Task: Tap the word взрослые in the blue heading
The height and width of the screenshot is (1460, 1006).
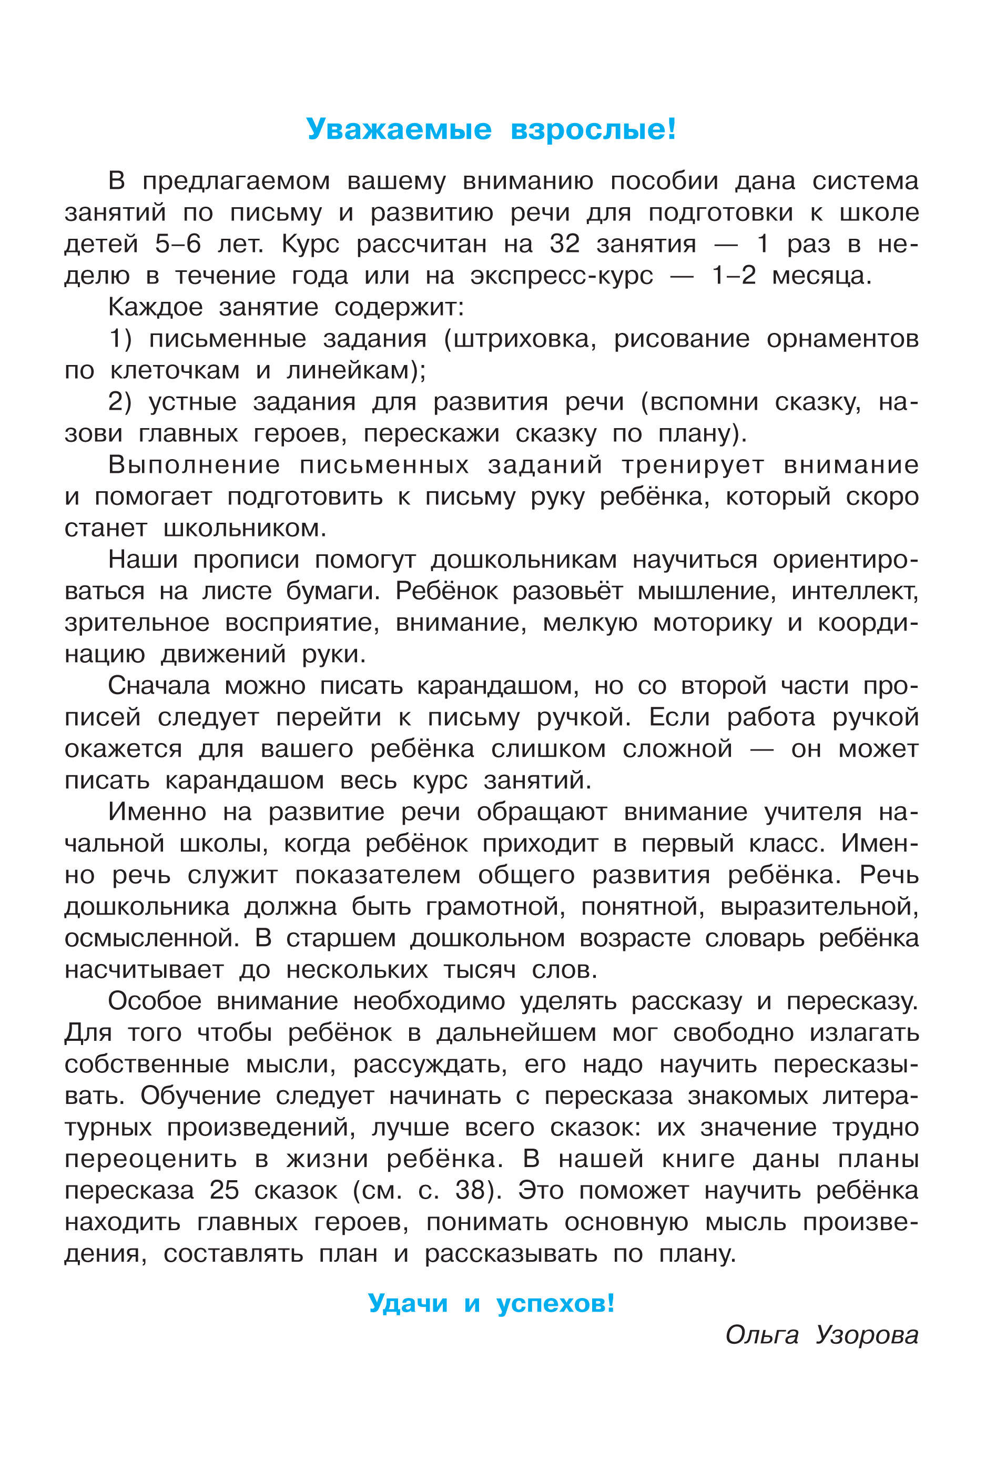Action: [x=593, y=129]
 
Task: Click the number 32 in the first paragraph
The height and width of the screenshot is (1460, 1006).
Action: [x=564, y=244]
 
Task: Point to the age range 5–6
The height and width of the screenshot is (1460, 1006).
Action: [x=178, y=244]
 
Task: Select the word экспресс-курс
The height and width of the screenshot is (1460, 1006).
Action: [x=562, y=276]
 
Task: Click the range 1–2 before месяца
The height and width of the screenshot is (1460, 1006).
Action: [x=734, y=276]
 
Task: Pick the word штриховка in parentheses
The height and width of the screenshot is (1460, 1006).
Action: [x=521, y=339]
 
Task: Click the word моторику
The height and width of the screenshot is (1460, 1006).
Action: [x=712, y=623]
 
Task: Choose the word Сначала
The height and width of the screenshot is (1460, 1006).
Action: [x=159, y=686]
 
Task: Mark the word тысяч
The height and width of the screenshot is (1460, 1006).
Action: [x=480, y=969]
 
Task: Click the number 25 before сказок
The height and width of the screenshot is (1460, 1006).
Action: [x=225, y=1190]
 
